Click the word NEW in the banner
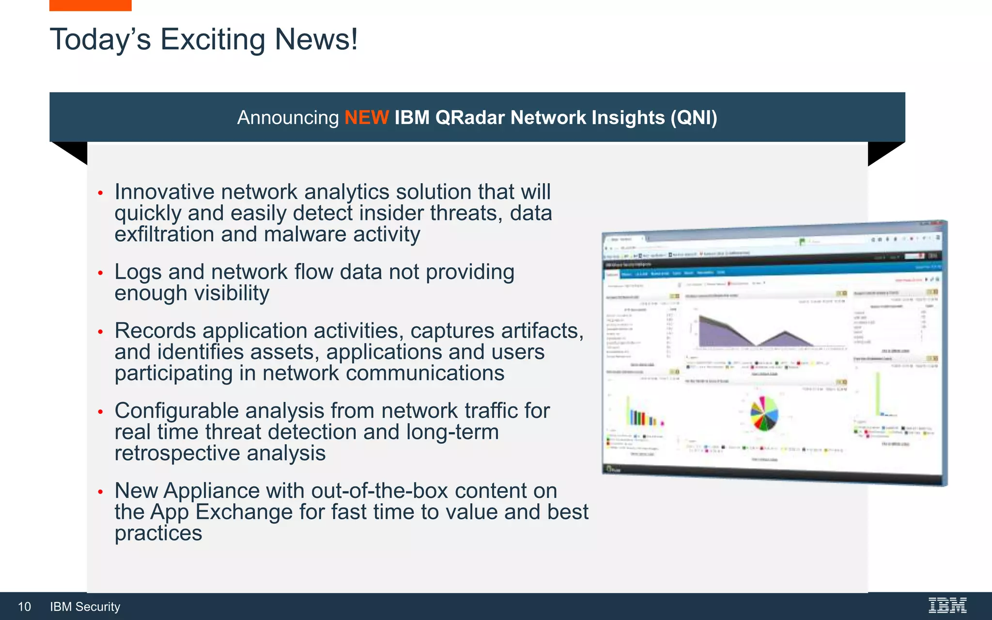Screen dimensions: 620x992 (366, 118)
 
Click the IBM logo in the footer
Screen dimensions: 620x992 (947, 605)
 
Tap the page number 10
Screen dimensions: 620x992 (24, 607)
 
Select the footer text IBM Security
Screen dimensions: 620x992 (85, 607)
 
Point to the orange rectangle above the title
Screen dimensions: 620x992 (90, 5)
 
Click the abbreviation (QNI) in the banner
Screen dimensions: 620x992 (694, 118)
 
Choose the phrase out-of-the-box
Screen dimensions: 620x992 (379, 491)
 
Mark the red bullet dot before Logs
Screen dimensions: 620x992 (100, 273)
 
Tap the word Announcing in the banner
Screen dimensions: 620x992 (288, 118)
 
